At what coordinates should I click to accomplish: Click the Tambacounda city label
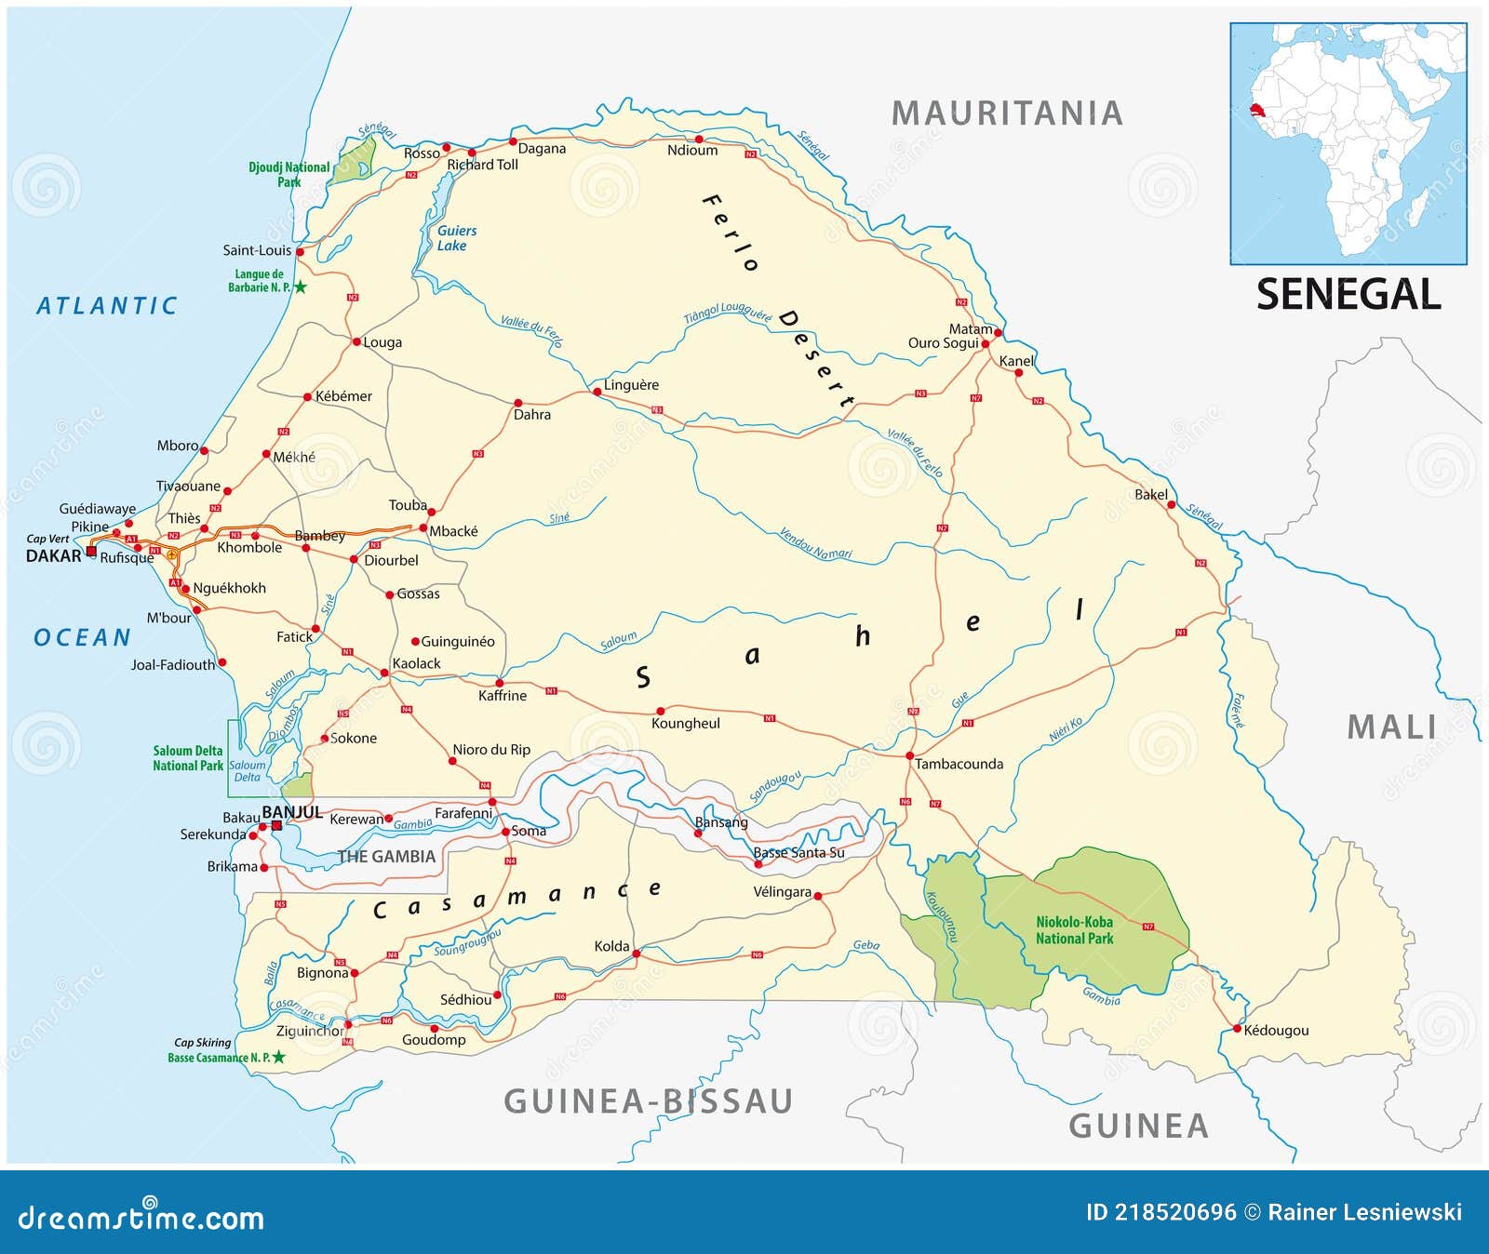pyautogui.click(x=959, y=764)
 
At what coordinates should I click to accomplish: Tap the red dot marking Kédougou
pyautogui.click(x=1237, y=1029)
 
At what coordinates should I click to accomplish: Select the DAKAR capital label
pyautogui.click(x=53, y=556)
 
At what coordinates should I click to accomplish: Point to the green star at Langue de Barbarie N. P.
pyautogui.click(x=301, y=287)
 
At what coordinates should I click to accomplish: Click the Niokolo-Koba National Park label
pyautogui.click(x=1074, y=930)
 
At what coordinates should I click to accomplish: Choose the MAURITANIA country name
pyautogui.click(x=1007, y=113)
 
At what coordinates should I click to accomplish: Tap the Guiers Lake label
pyautogui.click(x=456, y=238)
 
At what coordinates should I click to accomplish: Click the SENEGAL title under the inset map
pyautogui.click(x=1348, y=295)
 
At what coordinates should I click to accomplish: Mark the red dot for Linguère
pyautogui.click(x=597, y=393)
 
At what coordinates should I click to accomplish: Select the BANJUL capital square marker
pyautogui.click(x=276, y=825)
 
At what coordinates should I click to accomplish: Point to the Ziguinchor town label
pyautogui.click(x=310, y=1031)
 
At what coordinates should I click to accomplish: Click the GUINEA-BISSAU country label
pyautogui.click(x=648, y=1101)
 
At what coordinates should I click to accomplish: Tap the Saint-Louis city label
pyautogui.click(x=257, y=250)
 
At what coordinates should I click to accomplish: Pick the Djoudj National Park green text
pyautogui.click(x=288, y=175)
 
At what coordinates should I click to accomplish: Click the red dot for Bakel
pyautogui.click(x=1172, y=505)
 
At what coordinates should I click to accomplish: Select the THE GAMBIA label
pyautogui.click(x=386, y=857)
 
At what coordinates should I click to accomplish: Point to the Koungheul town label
pyautogui.click(x=685, y=723)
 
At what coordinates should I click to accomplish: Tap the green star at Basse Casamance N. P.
pyautogui.click(x=278, y=1058)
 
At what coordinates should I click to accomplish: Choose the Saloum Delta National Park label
pyautogui.click(x=188, y=758)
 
